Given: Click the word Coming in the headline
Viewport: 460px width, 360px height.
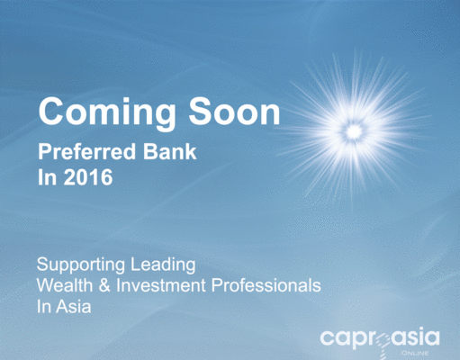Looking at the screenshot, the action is pyautogui.click(x=107, y=113).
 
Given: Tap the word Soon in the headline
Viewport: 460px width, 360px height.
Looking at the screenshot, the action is pyautogui.click(x=234, y=111).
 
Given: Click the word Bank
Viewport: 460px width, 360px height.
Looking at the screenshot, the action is pyautogui.click(x=169, y=151).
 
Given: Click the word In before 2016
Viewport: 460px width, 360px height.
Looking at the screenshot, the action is pyautogui.click(x=47, y=177).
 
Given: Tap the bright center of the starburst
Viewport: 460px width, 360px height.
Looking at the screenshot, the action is pyautogui.click(x=354, y=131).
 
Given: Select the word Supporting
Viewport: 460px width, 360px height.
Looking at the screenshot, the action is pyautogui.click(x=81, y=265).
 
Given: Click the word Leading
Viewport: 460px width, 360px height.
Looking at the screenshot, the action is pyautogui.click(x=163, y=265).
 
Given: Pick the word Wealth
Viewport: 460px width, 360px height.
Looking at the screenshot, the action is pyautogui.click(x=65, y=285).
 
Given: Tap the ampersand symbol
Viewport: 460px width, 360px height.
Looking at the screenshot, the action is pyautogui.click(x=104, y=285).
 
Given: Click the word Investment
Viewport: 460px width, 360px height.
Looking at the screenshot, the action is pyautogui.click(x=161, y=285).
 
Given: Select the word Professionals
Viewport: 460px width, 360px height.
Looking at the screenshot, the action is pyautogui.click(x=266, y=285).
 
